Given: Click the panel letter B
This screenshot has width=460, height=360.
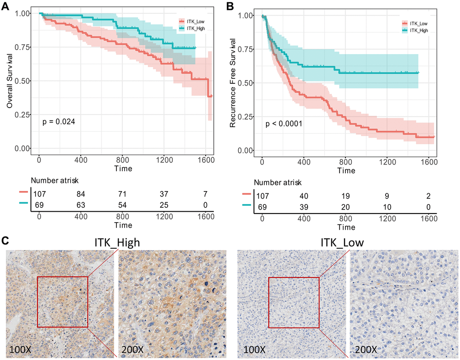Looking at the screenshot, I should [x=230, y=6].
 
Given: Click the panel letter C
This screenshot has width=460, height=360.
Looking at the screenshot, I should [x=5, y=241].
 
